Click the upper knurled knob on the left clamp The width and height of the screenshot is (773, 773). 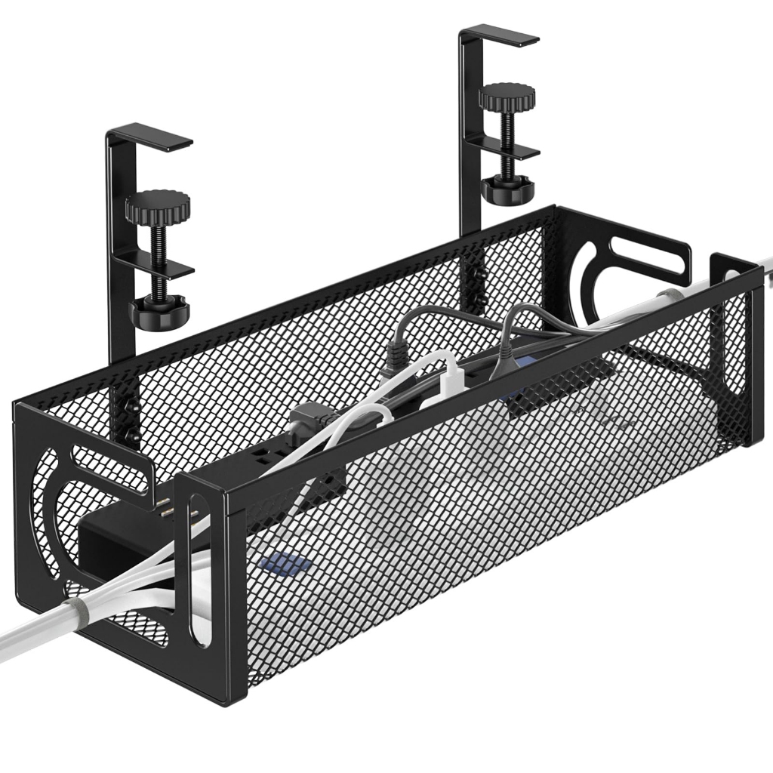click(x=158, y=204)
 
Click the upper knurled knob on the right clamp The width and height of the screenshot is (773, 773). click(x=507, y=96)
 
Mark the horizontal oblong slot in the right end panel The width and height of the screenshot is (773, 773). click(x=649, y=257)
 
